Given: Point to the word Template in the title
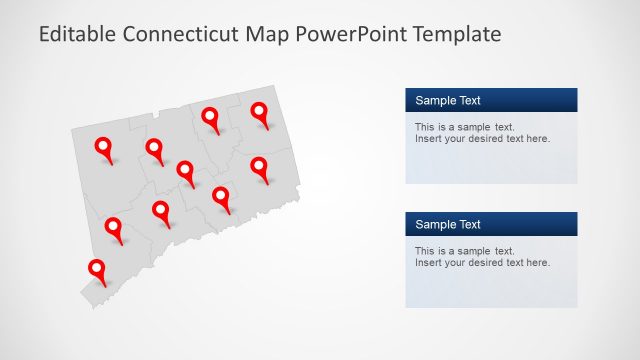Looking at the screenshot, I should tap(449, 35).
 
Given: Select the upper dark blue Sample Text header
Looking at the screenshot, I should tap(491, 100).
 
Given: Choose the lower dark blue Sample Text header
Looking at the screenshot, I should tap(491, 224).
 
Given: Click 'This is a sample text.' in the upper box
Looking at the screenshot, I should tap(464, 127).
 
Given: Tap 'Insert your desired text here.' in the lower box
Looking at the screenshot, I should tap(482, 263).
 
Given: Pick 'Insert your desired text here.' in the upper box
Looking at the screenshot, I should tap(482, 139).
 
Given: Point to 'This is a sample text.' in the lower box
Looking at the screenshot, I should tap(464, 251).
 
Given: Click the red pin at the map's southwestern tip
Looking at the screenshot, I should tap(97, 270).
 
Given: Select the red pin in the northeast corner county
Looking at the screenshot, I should tap(260, 113).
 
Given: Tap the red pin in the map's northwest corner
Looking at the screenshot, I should tap(104, 148).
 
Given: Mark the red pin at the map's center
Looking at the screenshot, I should tap(185, 171).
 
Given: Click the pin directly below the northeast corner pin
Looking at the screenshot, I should tap(259, 166).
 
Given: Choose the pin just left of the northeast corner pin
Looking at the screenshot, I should tap(210, 118).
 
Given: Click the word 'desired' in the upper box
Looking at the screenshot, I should tap(490, 139).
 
